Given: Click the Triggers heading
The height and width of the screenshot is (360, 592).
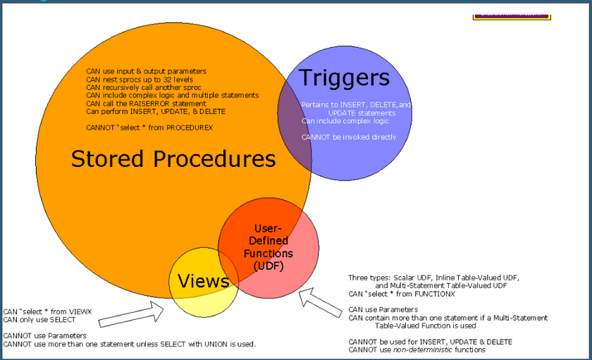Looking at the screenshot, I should (344, 77).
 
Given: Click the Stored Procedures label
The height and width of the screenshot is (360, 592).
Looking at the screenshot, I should (173, 159).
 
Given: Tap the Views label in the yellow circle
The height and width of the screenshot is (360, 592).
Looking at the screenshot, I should (203, 281).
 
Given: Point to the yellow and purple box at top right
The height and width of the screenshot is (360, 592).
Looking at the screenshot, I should (511, 13).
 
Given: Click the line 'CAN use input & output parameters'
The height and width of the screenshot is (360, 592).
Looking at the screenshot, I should (146, 71).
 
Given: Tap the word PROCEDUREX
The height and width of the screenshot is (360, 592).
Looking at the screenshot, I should (189, 128).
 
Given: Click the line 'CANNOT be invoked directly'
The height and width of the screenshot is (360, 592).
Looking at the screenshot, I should (349, 137).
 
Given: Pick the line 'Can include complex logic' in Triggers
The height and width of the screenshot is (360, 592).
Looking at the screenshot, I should (345, 121).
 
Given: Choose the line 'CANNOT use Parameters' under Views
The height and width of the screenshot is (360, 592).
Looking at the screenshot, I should (44, 335).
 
